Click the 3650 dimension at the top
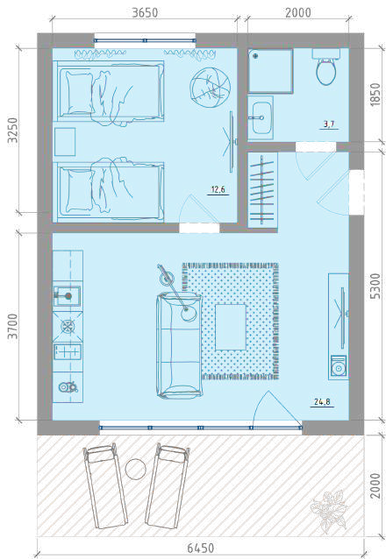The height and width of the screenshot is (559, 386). coord(145,13)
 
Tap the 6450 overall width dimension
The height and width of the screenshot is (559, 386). coord(200,548)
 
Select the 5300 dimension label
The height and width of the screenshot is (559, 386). coord(375,287)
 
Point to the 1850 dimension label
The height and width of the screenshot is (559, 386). coord(375,95)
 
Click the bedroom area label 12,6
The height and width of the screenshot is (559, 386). coord(218,189)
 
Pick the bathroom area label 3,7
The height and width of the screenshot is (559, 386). coord(328,124)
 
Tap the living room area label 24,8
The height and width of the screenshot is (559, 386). coord(322,402)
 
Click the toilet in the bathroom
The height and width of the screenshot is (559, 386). coord(326,67)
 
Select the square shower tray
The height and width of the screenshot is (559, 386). coord(271,71)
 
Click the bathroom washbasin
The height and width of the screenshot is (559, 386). coord(261,117)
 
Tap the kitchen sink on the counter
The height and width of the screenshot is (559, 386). coord(67,296)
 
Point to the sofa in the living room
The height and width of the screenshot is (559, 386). coord(179,345)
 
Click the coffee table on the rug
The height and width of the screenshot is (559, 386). coord(231,327)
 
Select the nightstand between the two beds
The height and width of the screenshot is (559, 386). coord(65,142)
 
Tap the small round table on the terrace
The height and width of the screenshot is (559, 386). coord(135,469)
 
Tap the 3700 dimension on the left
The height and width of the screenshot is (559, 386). coord(13,326)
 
